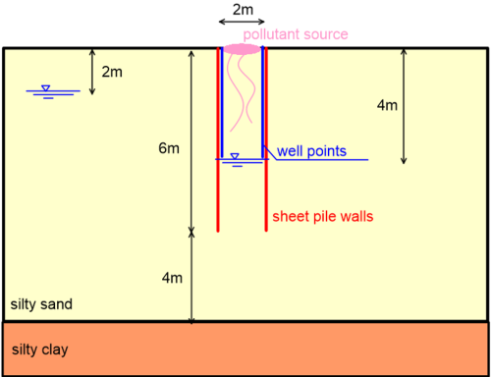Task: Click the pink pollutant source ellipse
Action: click(x=242, y=48)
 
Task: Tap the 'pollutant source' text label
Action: click(x=296, y=34)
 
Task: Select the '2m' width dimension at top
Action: click(x=241, y=9)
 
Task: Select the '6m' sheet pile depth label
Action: click(x=169, y=149)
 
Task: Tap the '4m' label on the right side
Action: click(x=419, y=103)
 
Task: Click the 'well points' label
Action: click(x=310, y=150)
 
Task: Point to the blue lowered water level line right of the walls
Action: click(x=324, y=160)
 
